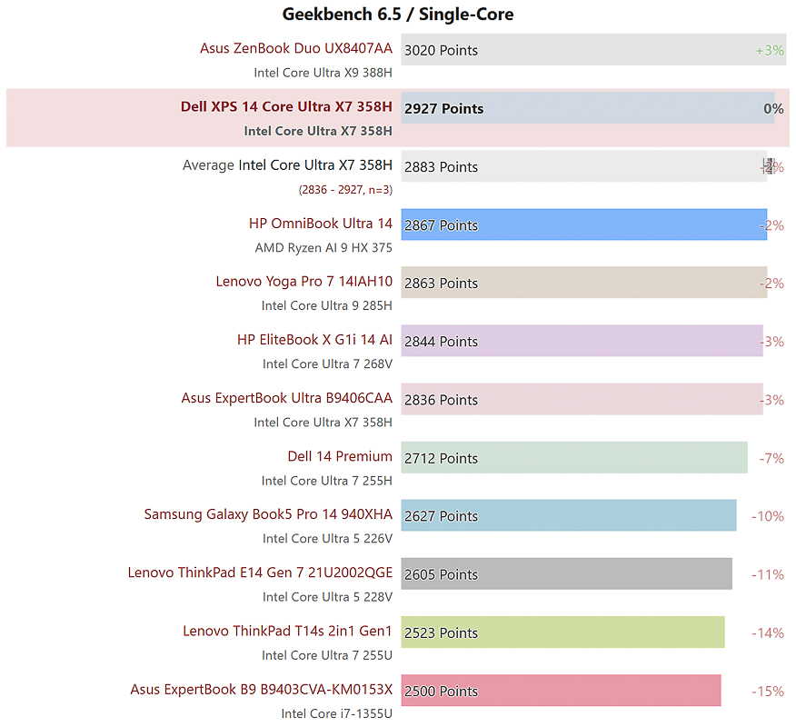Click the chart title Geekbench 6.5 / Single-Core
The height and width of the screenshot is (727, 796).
pyautogui.click(x=398, y=14)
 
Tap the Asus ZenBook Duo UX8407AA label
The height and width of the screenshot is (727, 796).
pyautogui.click(x=296, y=48)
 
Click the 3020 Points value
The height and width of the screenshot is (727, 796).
pyautogui.click(x=441, y=50)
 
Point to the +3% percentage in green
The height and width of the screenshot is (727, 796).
pyautogui.click(x=769, y=50)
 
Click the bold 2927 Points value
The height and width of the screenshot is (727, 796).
pyautogui.click(x=443, y=108)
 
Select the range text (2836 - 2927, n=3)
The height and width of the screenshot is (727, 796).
pyautogui.click(x=345, y=189)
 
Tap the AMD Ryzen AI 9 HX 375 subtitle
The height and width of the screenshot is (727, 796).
pyautogui.click(x=323, y=247)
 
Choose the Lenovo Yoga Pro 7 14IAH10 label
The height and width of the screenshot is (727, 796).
pyautogui.click(x=303, y=281)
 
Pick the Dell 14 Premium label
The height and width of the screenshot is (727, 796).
pyautogui.click(x=340, y=456)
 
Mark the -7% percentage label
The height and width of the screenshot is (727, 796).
pyautogui.click(x=771, y=458)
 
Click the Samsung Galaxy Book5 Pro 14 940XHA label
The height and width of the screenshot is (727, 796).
pyautogui.click(x=268, y=514)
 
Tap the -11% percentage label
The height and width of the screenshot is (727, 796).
pyautogui.click(x=768, y=574)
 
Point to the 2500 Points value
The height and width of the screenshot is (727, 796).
pyautogui.click(x=441, y=691)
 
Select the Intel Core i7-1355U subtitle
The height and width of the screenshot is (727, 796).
pyautogui.click(x=336, y=713)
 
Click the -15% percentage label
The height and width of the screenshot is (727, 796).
pyautogui.click(x=768, y=691)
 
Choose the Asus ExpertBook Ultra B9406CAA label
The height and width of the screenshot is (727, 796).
pyautogui.click(x=286, y=398)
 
